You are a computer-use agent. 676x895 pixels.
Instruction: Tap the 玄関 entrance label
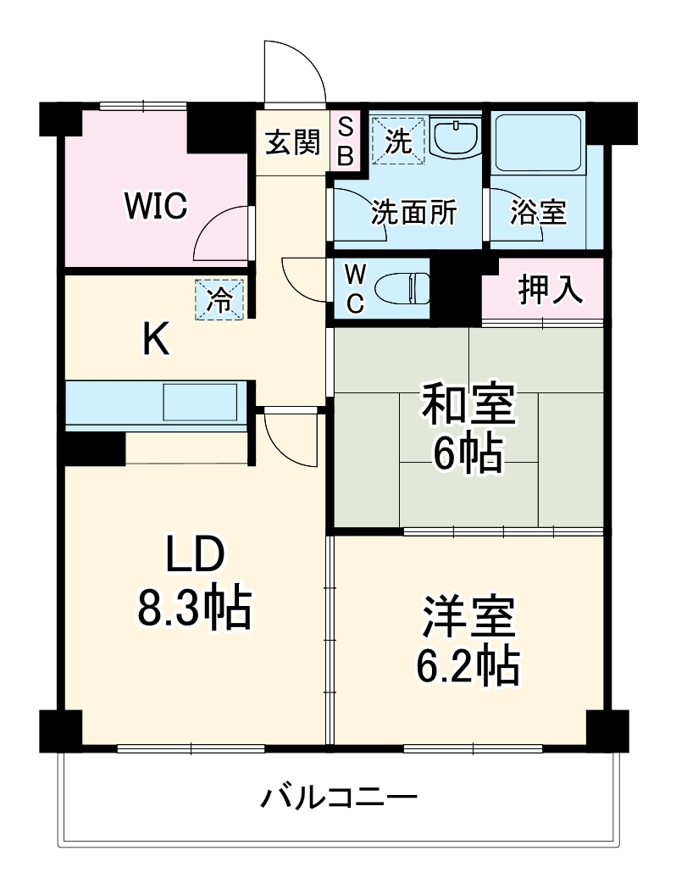point(293,143)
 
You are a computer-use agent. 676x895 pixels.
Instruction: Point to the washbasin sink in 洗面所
point(456,136)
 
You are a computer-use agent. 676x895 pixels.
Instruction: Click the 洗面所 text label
point(413,214)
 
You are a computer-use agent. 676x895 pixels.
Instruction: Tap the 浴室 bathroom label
point(538,214)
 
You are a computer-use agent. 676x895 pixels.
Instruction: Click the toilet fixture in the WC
point(403,288)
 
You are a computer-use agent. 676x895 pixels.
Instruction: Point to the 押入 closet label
point(551,290)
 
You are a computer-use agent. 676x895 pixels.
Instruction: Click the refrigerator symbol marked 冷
point(219,299)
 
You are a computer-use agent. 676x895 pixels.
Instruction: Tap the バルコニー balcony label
point(339,798)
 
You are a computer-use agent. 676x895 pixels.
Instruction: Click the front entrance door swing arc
point(296,72)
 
